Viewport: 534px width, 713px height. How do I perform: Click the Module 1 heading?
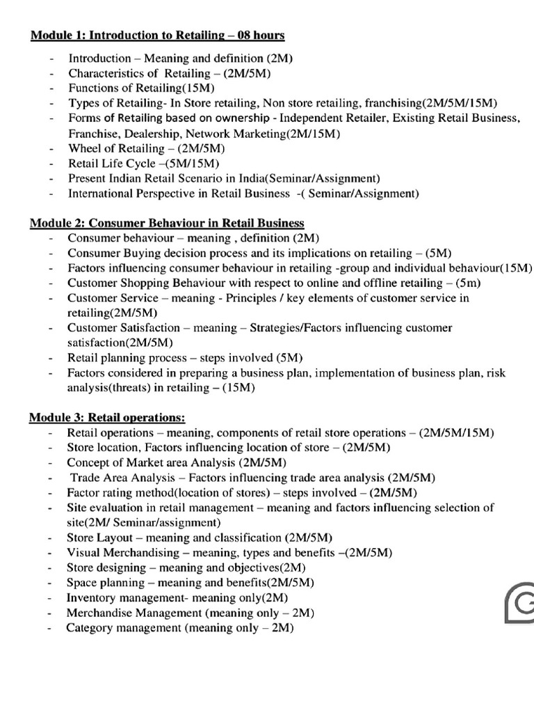point(158,35)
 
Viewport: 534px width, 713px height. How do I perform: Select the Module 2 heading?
point(167,223)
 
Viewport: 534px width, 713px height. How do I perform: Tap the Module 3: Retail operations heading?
point(107,417)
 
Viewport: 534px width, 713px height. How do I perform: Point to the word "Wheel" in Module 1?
point(85,149)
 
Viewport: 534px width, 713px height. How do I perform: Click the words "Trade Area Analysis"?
point(118,478)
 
